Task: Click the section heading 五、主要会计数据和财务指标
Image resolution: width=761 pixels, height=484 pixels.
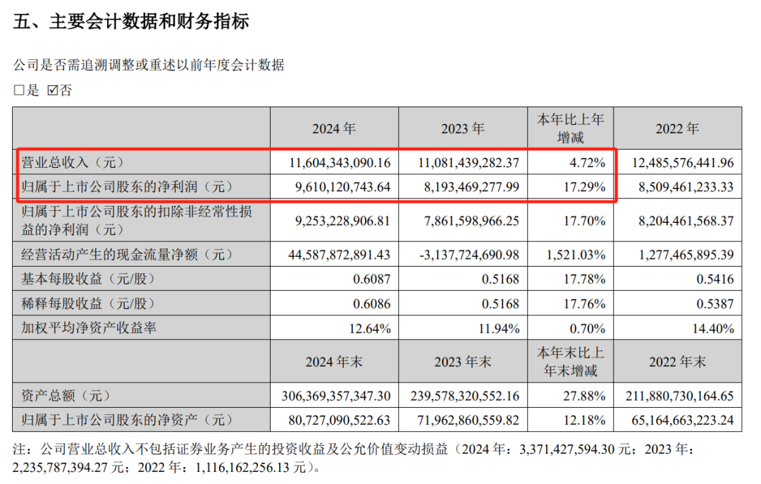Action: click(131, 22)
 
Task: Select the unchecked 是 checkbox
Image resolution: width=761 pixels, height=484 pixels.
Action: click(19, 90)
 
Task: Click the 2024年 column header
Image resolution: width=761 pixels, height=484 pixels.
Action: click(335, 128)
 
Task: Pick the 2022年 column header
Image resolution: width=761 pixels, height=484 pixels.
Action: click(677, 128)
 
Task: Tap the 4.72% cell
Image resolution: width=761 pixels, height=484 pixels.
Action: click(588, 162)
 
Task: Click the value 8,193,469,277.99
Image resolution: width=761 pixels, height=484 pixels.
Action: click(462, 188)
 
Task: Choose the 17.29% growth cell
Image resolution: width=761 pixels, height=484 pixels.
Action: click(584, 188)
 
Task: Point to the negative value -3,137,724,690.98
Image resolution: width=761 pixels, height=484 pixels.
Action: click(462, 254)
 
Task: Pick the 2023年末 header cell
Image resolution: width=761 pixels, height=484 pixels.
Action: click(463, 362)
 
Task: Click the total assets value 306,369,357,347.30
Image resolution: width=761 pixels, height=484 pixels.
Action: click(335, 395)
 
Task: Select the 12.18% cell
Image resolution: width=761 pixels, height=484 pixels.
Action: click(584, 421)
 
